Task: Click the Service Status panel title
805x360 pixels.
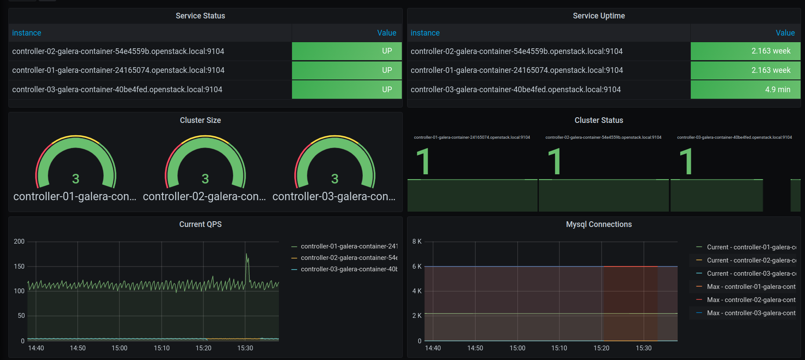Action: point(200,16)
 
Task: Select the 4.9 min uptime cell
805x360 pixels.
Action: point(745,90)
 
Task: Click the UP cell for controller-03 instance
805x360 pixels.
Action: point(347,90)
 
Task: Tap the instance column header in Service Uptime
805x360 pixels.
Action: point(425,33)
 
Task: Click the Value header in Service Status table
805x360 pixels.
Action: point(386,33)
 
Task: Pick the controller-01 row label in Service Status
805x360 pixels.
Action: point(118,70)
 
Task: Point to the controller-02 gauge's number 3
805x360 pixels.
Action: point(205,179)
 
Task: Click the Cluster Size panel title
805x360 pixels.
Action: point(200,120)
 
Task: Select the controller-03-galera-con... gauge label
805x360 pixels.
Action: point(334,196)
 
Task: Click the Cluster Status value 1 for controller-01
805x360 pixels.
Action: point(423,161)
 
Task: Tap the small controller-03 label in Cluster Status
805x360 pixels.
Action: point(734,137)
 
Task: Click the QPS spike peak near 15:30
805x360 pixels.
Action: point(246,254)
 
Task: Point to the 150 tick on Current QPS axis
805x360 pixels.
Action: point(19,266)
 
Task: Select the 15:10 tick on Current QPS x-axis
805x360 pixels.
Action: point(162,348)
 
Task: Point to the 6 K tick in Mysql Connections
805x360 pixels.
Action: point(417,266)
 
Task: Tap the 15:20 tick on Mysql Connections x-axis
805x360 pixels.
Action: point(601,348)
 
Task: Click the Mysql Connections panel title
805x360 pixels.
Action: point(599,224)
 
